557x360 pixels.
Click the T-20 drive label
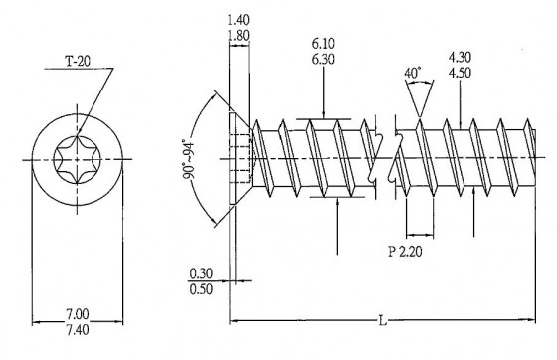coord(78,61)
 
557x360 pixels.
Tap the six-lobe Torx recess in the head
coord(78,160)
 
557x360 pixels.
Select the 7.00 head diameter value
coord(78,314)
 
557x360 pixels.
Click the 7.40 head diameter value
coord(78,330)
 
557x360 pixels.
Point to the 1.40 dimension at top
coord(238,20)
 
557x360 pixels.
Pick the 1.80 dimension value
coord(238,36)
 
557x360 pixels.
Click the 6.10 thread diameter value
coord(323,44)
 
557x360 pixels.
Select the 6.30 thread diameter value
coord(323,60)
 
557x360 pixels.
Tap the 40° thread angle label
coord(413,73)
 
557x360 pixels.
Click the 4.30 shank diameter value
coord(460,57)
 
